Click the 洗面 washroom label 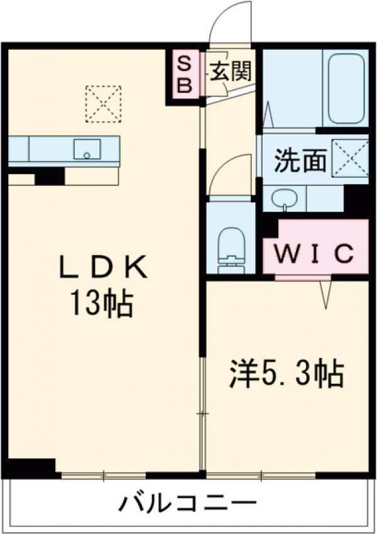click(x=300, y=161)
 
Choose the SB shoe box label click(x=184, y=74)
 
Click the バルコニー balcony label click(x=188, y=503)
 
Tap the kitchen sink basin click(x=87, y=150)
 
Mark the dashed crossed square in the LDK click(x=104, y=102)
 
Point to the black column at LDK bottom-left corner click(x=29, y=468)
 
